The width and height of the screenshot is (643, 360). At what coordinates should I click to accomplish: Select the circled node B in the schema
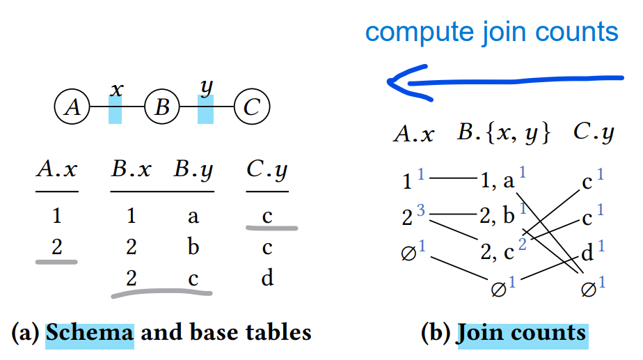162,108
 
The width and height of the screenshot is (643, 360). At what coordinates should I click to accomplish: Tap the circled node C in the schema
252,108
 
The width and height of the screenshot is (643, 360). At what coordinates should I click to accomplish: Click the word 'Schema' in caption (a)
89,332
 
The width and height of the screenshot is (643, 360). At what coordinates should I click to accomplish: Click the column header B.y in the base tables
193,171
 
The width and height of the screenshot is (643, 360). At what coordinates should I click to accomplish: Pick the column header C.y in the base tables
267,171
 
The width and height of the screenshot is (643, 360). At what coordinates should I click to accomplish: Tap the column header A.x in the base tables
56,171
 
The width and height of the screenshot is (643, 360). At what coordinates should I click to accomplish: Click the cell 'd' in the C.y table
267,279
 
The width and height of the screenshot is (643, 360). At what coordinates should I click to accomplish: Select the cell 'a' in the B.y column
193,216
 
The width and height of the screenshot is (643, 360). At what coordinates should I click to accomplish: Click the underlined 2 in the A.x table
56,247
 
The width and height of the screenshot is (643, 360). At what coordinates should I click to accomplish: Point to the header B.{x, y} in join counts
504,133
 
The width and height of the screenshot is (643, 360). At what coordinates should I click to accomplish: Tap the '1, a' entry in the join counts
497,182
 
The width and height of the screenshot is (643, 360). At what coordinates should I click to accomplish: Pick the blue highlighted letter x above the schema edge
116,89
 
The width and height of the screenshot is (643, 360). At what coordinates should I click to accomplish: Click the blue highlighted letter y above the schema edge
205,88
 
